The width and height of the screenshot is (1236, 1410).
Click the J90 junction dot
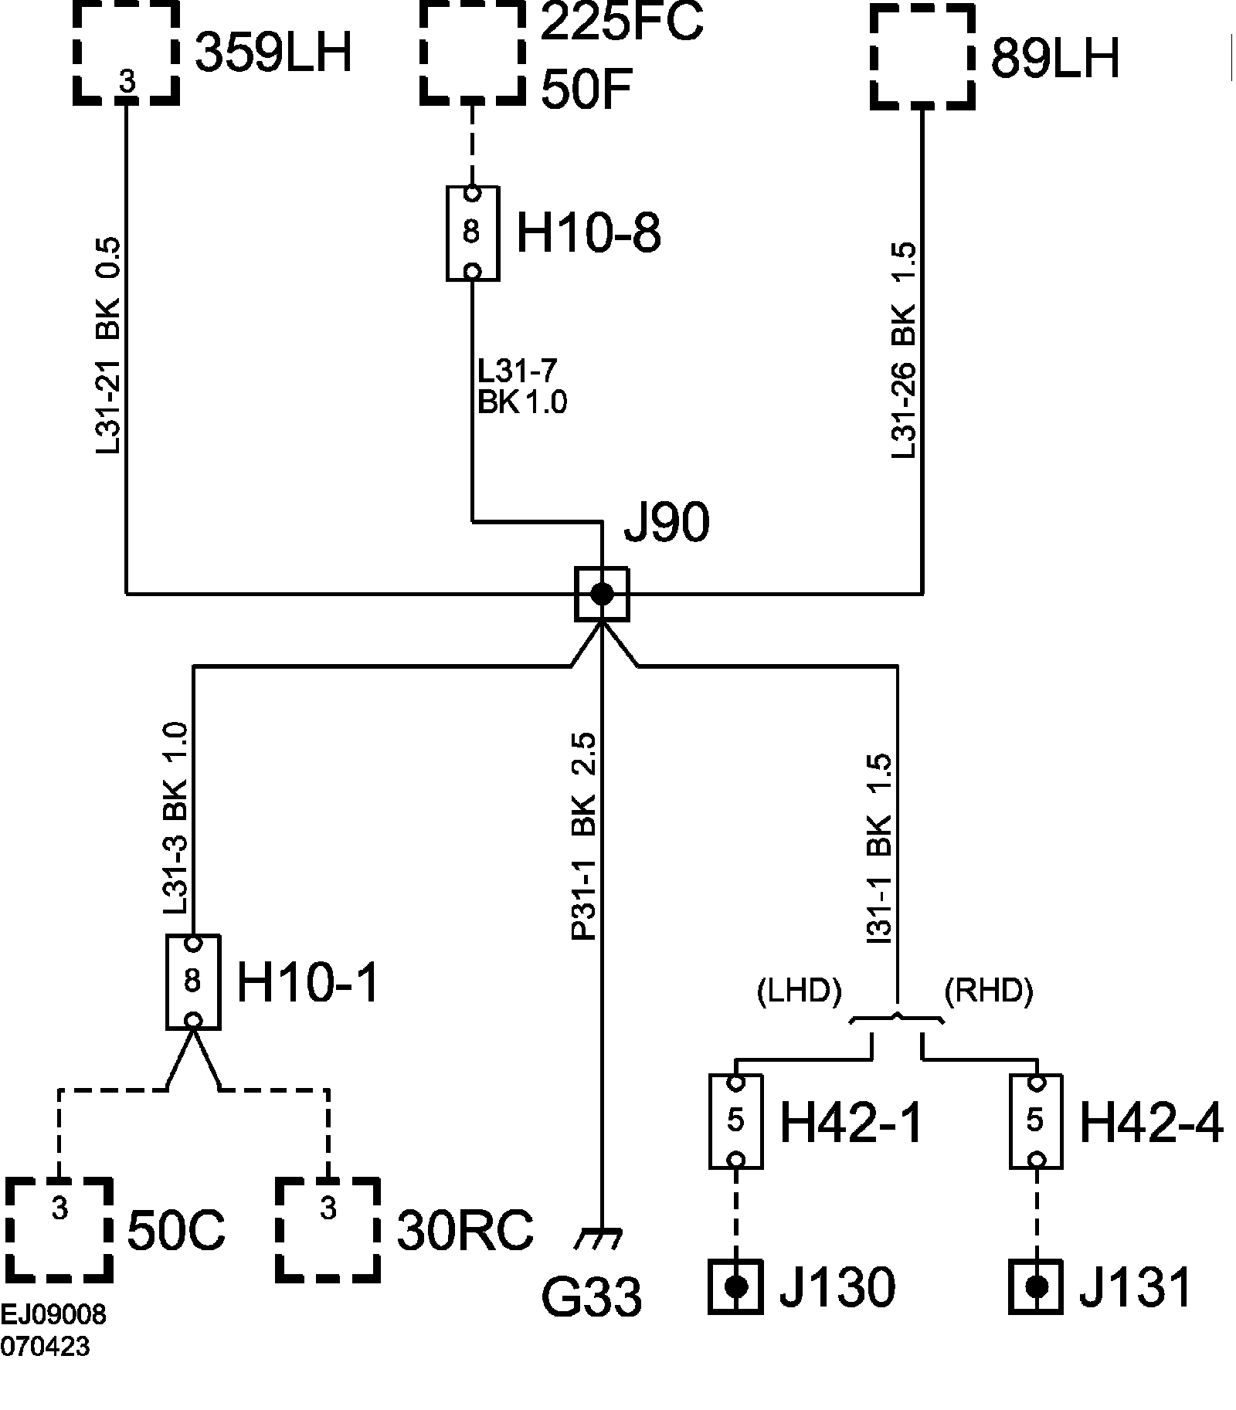tap(602, 594)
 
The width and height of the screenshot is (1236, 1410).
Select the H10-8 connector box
tap(473, 232)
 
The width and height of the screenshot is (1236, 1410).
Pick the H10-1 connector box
tap(193, 981)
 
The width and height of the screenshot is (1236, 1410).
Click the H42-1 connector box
tap(735, 1120)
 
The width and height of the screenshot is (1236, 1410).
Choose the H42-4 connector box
tap(1036, 1120)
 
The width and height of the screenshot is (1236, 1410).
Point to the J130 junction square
tap(735, 1286)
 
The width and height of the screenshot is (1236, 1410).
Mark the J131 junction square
tap(1036, 1286)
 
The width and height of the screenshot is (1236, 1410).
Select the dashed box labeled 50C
tap(59, 1229)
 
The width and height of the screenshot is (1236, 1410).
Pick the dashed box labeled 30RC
tap(328, 1229)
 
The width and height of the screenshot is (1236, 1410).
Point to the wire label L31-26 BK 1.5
tap(904, 351)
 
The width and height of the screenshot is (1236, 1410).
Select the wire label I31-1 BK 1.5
tap(881, 849)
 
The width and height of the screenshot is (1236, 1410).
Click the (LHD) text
tap(799, 991)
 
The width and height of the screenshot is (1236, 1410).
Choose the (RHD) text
tap(989, 991)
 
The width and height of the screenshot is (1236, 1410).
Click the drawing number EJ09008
tap(53, 1315)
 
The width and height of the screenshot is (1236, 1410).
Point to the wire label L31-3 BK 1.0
tap(176, 819)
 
